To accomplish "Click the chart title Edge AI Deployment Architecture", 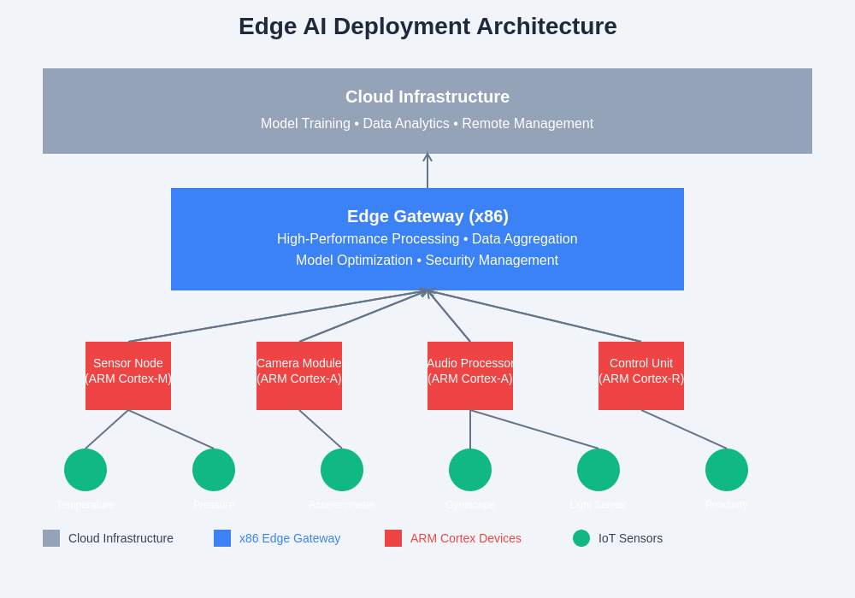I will tap(427, 26).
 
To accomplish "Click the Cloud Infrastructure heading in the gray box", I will tap(427, 97).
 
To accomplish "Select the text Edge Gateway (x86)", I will tap(427, 216).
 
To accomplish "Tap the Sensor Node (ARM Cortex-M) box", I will tap(128, 376).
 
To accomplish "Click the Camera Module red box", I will tap(299, 376).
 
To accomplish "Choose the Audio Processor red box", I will tap(470, 376).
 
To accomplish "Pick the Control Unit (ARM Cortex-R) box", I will tap(641, 376).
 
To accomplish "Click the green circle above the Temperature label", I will tap(85, 470).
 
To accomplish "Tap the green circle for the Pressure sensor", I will tap(214, 470).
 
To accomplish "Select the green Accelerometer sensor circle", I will tap(342, 470).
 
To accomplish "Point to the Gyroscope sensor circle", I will tap(470, 470).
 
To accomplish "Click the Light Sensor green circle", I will tap(598, 470).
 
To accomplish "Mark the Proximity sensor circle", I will tap(727, 470).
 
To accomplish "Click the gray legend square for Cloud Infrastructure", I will tap(51, 538).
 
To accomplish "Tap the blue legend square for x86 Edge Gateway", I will tap(222, 538).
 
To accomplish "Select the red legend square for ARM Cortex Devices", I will tap(393, 538).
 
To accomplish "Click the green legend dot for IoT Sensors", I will tap(581, 538).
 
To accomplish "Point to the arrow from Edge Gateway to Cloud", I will tap(427, 171).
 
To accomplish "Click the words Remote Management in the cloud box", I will tap(528, 124).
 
